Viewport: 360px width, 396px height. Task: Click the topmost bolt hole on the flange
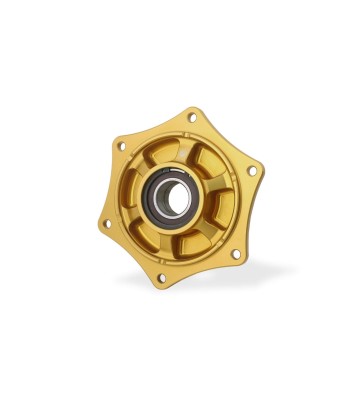pos(192,118)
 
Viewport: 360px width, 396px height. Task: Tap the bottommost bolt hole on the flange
pos(162,277)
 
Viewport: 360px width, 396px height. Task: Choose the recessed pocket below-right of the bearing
pos(198,239)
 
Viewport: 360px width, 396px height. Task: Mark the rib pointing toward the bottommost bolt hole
pos(173,243)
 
